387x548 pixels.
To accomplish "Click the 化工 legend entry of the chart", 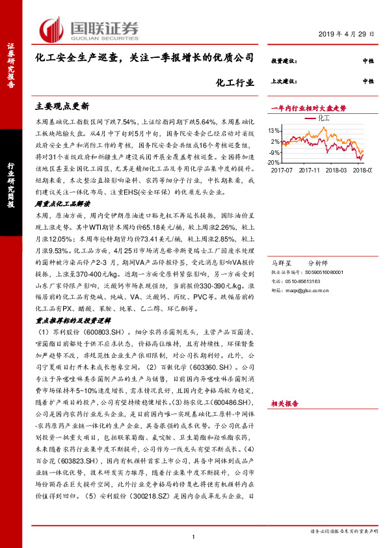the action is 324,119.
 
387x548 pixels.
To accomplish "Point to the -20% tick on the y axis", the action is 275,162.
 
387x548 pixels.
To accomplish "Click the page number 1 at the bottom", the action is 194,536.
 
